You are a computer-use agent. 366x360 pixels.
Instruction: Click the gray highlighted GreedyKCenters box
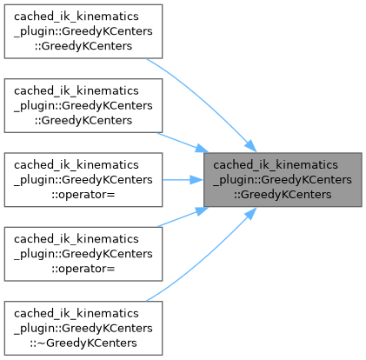point(283,180)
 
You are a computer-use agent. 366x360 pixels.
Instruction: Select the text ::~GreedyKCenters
point(83,343)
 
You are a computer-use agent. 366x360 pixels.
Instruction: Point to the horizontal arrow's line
point(176,180)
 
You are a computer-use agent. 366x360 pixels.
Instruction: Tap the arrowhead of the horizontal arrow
point(196,180)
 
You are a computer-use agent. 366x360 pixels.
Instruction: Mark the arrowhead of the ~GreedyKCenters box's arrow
point(250,214)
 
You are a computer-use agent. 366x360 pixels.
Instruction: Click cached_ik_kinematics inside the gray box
point(276,165)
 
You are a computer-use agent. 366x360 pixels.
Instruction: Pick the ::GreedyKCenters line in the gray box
point(283,195)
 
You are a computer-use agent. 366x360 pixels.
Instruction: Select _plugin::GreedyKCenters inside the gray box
point(283,180)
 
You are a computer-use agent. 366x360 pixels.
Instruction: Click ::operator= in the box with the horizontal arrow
point(83,195)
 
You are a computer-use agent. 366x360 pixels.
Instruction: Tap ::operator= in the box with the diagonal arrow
point(83,269)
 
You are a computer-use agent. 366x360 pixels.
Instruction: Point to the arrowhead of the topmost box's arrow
point(250,146)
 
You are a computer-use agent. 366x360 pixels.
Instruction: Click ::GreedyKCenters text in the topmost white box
point(83,46)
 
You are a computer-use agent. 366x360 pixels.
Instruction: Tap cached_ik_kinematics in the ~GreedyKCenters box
point(77,313)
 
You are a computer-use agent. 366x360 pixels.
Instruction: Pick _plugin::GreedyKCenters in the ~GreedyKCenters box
point(83,328)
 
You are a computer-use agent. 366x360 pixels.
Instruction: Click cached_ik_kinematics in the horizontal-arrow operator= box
point(77,165)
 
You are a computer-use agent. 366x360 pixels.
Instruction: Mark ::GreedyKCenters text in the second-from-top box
point(83,120)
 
